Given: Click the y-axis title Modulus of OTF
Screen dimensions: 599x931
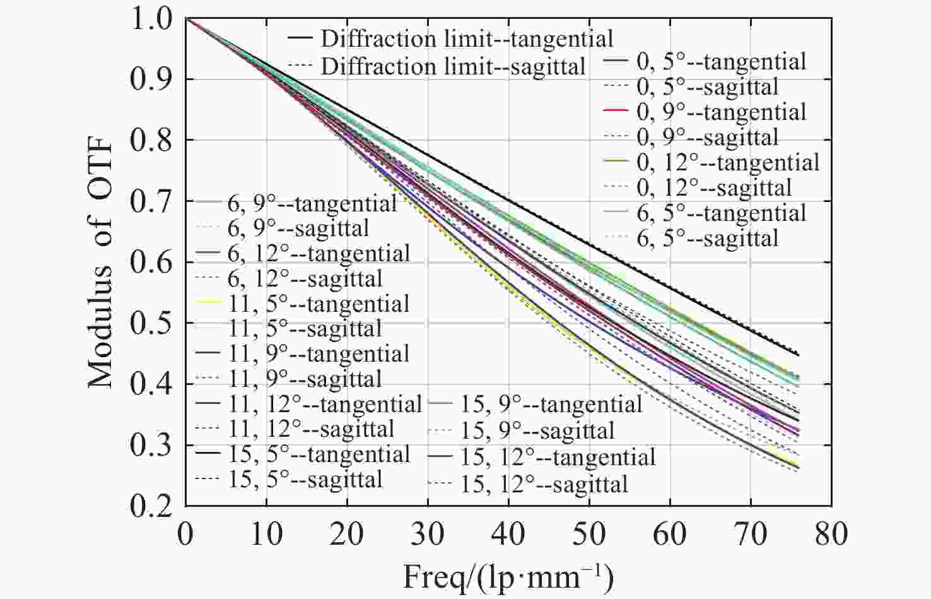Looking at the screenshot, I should coord(101,262).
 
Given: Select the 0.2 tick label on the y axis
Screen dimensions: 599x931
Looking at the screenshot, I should coord(151,506).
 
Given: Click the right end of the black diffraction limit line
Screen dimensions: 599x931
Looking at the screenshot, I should coord(799,354).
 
